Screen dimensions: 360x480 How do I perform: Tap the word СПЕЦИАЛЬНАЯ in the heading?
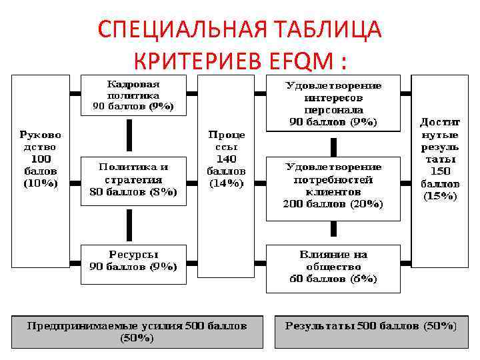click(175, 30)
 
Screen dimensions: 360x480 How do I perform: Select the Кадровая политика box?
click(133, 95)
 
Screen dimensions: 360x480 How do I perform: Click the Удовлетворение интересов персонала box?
click(333, 103)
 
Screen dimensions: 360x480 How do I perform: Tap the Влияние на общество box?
click(333, 267)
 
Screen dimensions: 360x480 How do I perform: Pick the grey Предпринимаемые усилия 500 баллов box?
click(137, 331)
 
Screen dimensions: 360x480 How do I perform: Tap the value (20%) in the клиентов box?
click(365, 204)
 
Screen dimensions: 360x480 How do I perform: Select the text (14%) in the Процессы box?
click(227, 183)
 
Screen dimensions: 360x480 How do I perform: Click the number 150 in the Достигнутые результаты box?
click(439, 171)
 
